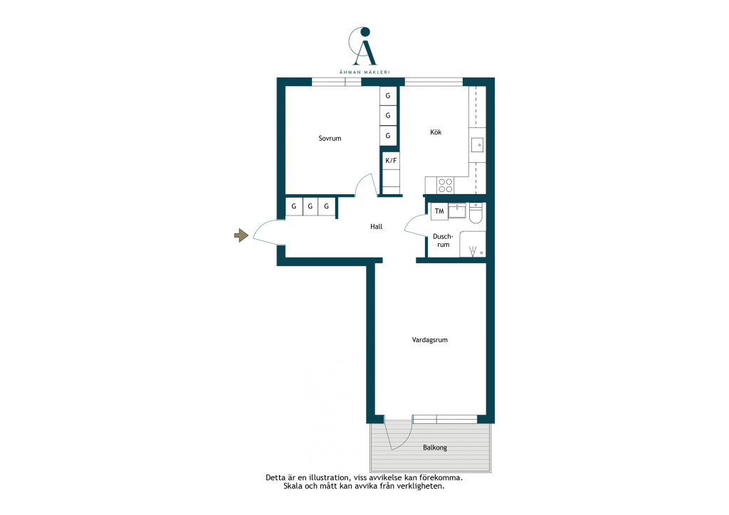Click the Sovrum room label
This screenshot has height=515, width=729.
330,138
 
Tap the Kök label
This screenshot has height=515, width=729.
436,132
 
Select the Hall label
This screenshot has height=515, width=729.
376,227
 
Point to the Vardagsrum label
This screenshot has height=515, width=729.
429,340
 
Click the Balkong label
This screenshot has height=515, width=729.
435,447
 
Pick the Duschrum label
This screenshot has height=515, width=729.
443,240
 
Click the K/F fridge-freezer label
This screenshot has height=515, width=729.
391,161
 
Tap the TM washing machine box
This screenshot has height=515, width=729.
439,211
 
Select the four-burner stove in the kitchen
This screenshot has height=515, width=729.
446,185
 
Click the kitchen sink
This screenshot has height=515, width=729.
478,145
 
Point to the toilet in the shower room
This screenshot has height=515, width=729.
476,213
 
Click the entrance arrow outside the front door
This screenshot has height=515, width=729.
241,235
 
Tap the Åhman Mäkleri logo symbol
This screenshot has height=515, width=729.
363,46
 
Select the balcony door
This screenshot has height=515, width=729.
399,433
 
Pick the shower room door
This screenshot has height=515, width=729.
415,225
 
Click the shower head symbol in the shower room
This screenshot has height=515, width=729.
473,252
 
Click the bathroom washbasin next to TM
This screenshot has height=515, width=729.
457,211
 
